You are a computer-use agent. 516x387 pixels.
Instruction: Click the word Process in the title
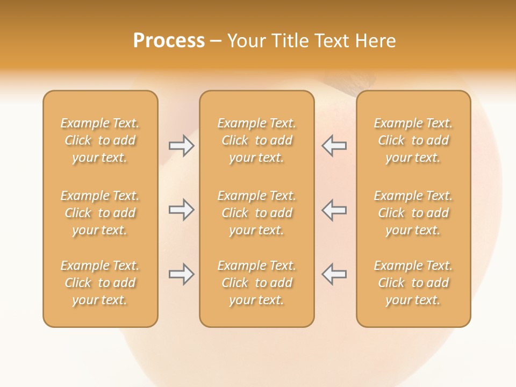coord(169,41)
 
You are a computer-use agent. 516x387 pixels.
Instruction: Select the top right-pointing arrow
coord(181,146)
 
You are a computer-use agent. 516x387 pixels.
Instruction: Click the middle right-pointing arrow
coord(181,210)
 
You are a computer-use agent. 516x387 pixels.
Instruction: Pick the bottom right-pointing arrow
coord(181,274)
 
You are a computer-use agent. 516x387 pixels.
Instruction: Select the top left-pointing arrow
coord(334,146)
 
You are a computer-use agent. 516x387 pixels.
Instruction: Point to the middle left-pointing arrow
coord(334,210)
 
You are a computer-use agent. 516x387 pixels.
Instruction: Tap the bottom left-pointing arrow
coord(334,274)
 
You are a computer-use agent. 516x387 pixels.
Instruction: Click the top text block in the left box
coord(100,140)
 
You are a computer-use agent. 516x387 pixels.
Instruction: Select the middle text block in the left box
coord(100,213)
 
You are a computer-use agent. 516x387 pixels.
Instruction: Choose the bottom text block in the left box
coord(100,283)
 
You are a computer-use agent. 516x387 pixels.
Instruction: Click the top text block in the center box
coord(256,140)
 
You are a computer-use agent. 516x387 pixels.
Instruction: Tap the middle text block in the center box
coord(256,213)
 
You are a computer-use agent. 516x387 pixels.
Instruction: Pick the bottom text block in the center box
coord(256,283)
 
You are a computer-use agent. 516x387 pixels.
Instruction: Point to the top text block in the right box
coord(413,140)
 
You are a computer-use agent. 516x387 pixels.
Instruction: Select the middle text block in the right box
coord(413,213)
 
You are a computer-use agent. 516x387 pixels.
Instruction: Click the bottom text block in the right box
coord(413,283)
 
